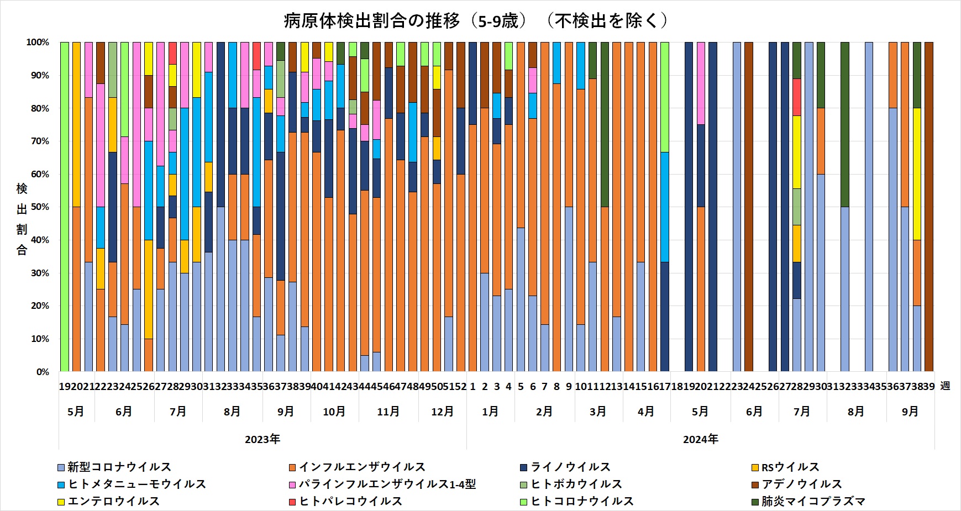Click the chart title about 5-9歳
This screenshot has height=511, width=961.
[476, 21]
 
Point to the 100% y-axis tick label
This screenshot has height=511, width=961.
[38, 43]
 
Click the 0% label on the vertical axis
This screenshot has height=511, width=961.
[42, 372]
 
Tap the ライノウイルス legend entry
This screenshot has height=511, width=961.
[566, 467]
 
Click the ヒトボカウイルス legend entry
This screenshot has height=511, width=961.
[572, 484]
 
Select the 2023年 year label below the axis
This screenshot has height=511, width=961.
[262, 440]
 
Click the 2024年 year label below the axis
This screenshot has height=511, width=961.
[701, 440]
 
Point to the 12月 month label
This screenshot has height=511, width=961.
[442, 412]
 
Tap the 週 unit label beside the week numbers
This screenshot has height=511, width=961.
[945, 386]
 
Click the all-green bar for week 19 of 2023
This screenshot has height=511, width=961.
[65, 207]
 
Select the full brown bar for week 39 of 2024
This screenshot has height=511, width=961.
[929, 207]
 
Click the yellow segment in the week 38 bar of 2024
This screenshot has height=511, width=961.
[917, 174]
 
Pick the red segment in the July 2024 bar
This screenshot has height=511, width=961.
[797, 97]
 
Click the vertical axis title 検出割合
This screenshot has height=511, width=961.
[22, 219]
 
